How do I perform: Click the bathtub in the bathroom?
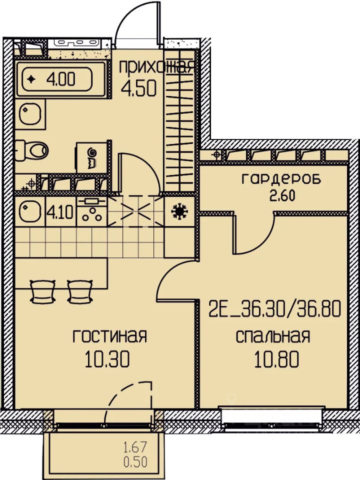click(x=60, y=79)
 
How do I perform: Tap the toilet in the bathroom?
click(x=32, y=150)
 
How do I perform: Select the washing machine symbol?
click(x=92, y=156)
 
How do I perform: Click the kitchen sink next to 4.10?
click(x=30, y=211)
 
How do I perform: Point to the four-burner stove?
click(x=92, y=211)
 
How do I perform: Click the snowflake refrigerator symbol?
click(x=179, y=211)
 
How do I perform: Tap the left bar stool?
click(x=42, y=291)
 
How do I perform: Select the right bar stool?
click(x=80, y=291)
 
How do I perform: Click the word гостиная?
click(x=110, y=336)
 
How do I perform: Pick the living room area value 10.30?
click(x=107, y=358)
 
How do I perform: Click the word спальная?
click(x=273, y=336)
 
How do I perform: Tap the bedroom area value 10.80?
click(x=276, y=358)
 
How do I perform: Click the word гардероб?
click(x=281, y=179)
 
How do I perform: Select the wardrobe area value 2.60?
click(x=282, y=195)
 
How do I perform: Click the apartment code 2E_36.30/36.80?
click(x=275, y=309)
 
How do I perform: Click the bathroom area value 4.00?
click(x=60, y=79)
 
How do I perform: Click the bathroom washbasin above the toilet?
click(x=30, y=113)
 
